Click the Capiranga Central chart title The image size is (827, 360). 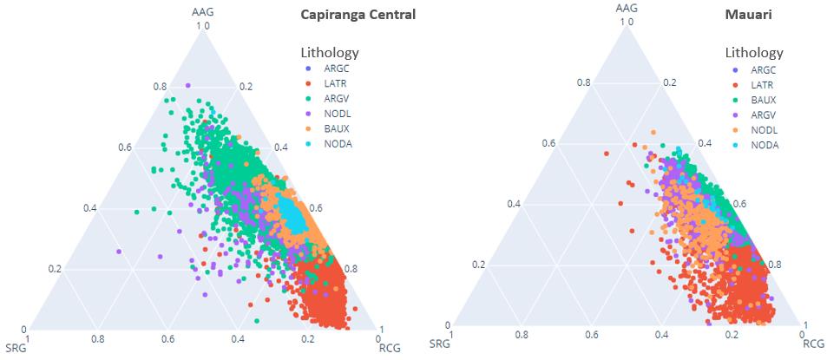click(x=358, y=15)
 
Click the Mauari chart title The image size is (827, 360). click(x=749, y=15)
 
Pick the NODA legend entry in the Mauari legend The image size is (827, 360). click(x=765, y=145)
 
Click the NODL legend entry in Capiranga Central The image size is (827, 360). click(x=338, y=113)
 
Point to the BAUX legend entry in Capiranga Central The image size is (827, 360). click(x=337, y=128)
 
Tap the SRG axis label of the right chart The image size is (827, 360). click(x=439, y=344)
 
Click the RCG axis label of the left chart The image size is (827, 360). click(x=390, y=349)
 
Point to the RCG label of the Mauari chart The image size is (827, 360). click(x=813, y=344)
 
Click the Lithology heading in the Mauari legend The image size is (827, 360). click(x=754, y=52)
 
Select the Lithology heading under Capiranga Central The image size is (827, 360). click(x=329, y=50)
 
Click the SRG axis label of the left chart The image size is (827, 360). click(x=16, y=349)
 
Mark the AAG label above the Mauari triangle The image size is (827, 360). click(x=627, y=8)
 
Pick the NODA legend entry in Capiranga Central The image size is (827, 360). click(x=338, y=143)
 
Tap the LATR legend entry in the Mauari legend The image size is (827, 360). click(x=763, y=85)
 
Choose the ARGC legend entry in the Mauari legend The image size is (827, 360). click(x=764, y=69)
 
